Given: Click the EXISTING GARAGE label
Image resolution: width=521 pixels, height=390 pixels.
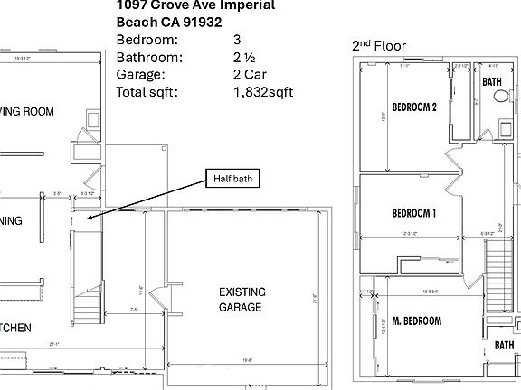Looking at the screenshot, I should tap(242, 300).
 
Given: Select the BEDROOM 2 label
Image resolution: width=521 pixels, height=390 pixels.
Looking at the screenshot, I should tap(414, 107).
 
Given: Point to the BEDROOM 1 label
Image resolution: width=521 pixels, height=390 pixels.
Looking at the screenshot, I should tap(414, 213).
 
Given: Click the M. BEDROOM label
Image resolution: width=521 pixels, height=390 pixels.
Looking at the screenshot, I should tap(417, 321).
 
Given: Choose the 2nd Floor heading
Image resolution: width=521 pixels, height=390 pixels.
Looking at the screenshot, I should tap(378, 45).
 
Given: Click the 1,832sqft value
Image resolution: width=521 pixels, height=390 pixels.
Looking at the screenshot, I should tap(263, 92).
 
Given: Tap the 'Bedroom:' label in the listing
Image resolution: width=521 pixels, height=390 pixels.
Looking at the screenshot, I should tap(147, 41).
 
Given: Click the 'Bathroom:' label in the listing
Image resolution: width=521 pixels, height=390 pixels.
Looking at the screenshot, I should tap(150, 58).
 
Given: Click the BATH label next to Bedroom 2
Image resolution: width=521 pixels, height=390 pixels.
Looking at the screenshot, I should tap(492, 82).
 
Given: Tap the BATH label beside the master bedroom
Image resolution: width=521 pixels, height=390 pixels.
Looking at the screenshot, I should tap(504, 346).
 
